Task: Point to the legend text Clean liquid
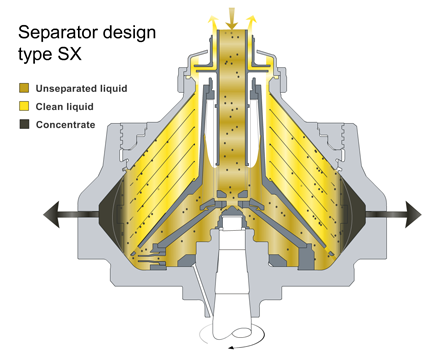tap(66, 107)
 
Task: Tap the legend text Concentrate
tap(66, 125)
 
